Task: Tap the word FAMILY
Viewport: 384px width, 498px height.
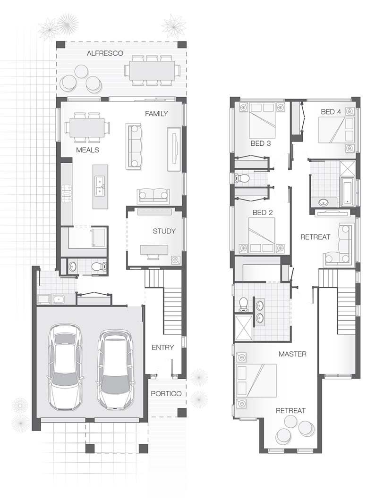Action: click(156, 114)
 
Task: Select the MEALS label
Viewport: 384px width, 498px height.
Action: click(87, 149)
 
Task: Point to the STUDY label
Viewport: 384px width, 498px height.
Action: click(164, 231)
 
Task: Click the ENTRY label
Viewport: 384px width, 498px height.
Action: click(162, 348)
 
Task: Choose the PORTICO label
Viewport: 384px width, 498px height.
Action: click(166, 393)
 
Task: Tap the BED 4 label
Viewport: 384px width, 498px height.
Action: click(331, 112)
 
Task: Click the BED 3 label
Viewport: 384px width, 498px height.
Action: click(260, 143)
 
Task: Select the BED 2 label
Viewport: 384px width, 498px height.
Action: click(263, 213)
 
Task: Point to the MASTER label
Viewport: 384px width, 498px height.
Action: click(292, 354)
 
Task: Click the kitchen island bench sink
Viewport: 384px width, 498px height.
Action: click(100, 186)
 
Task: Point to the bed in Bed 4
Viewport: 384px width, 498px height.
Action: click(335, 130)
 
